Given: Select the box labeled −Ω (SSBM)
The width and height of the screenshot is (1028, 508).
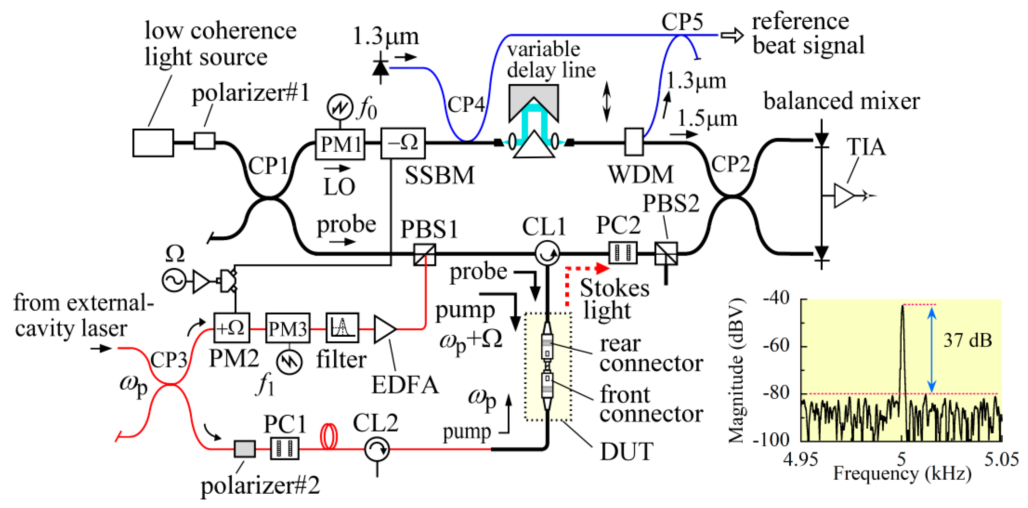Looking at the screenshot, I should pyautogui.click(x=403, y=143).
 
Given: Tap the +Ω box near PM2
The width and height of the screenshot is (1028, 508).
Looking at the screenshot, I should pyautogui.click(x=232, y=328).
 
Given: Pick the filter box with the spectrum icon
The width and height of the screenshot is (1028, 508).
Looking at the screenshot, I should pyautogui.click(x=342, y=328).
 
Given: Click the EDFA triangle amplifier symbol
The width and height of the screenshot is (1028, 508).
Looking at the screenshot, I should pyautogui.click(x=384, y=329).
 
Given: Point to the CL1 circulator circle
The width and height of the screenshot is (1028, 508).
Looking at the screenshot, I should pyautogui.click(x=547, y=253).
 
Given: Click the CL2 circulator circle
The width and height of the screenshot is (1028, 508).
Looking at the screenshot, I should pyautogui.click(x=376, y=449).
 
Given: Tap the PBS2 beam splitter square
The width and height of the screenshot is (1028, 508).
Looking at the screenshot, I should pyautogui.click(x=666, y=253).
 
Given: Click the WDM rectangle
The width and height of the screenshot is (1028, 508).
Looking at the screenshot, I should pyautogui.click(x=634, y=142).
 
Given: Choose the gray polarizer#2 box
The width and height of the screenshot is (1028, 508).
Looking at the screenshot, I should pyautogui.click(x=244, y=449).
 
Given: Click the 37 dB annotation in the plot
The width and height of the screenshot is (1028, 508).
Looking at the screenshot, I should pyautogui.click(x=967, y=340).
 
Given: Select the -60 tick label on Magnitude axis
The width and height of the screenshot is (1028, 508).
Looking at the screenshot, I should pyautogui.click(x=776, y=345).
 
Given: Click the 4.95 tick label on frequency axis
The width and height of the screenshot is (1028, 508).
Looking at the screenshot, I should pyautogui.click(x=801, y=460).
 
